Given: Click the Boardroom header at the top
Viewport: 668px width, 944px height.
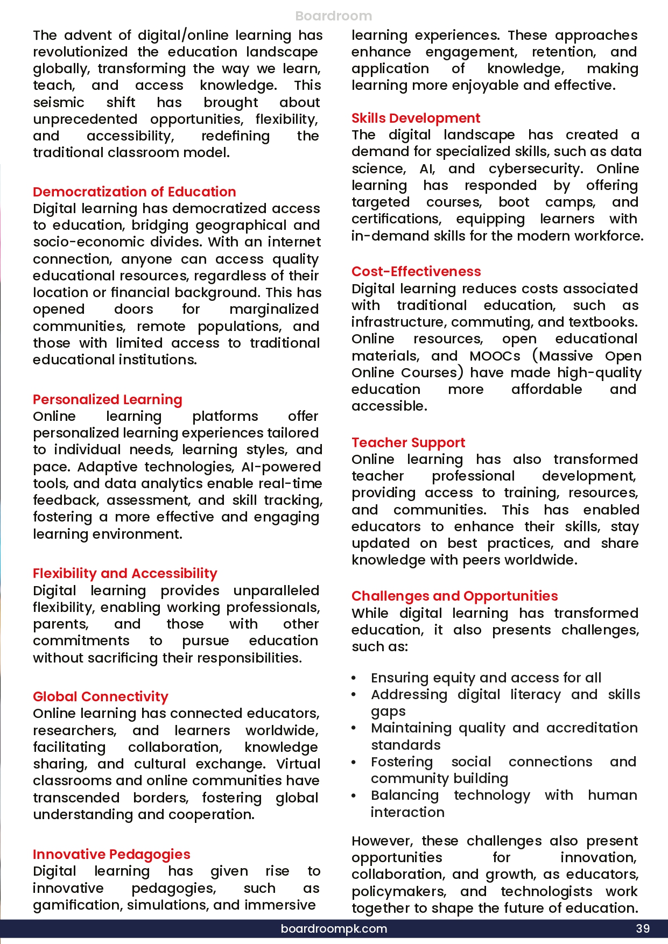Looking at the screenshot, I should (334, 16).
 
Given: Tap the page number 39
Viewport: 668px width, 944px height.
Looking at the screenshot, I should (643, 928).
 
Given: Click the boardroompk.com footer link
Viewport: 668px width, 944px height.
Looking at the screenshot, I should (334, 928).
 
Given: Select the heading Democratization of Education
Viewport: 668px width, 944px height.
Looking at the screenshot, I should (135, 192).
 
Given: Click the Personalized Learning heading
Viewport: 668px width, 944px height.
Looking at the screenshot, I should (108, 399).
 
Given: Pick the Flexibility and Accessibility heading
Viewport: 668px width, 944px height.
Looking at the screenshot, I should (125, 573).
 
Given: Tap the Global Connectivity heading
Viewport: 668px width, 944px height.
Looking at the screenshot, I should (101, 696).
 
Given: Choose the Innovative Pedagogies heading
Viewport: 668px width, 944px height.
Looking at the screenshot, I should (111, 854).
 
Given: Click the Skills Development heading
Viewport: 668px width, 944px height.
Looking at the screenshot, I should (416, 118).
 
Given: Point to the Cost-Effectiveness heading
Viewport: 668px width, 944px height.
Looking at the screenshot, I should (416, 271).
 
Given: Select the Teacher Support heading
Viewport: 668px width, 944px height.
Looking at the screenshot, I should (408, 442).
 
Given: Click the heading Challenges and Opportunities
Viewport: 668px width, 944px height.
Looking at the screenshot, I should (454, 596).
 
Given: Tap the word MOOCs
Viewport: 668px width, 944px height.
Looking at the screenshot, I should (495, 356).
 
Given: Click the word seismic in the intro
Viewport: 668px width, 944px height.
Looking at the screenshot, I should (59, 102).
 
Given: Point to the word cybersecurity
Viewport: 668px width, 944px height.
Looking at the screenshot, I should (535, 169).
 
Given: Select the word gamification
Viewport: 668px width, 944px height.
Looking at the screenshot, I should (78, 905).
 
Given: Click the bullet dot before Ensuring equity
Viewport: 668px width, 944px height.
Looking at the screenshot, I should (354, 679).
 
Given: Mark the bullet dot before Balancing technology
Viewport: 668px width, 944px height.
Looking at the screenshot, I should (354, 796).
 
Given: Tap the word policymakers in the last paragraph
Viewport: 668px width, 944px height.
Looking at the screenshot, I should (398, 892).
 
